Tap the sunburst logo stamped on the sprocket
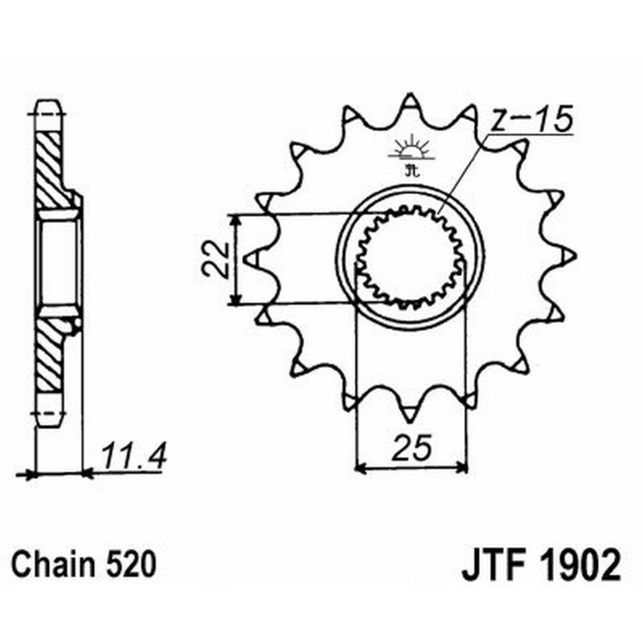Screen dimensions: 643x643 pyautogui.click(x=411, y=150)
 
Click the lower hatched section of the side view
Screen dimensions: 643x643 pyautogui.click(x=52, y=354)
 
